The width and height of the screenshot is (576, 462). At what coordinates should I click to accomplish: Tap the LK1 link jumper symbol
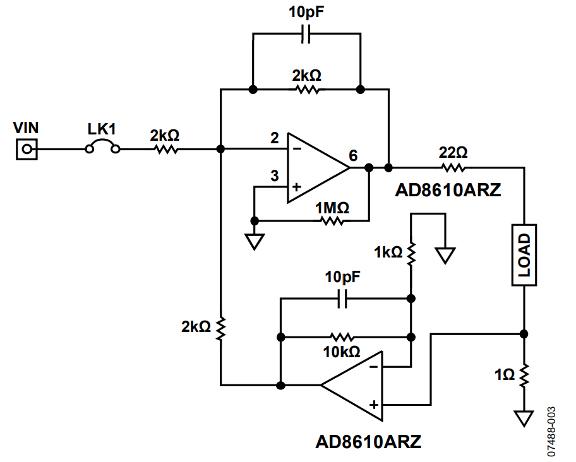point(102,149)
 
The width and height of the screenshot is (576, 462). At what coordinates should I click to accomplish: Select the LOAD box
point(524,255)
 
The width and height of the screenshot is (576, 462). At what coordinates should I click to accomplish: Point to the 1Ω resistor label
point(505,375)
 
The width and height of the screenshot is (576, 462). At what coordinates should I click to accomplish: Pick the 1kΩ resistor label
point(387,252)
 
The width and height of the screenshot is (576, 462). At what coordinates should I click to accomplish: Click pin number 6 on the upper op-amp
point(352,155)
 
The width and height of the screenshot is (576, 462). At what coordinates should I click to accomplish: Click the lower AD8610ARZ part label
point(368,441)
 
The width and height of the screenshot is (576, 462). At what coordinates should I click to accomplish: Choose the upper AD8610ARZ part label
point(448,190)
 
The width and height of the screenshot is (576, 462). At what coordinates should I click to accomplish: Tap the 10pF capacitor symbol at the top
point(306,36)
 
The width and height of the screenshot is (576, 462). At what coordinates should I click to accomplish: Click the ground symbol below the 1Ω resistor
point(524,418)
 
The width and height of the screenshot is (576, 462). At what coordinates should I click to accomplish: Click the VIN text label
point(26,128)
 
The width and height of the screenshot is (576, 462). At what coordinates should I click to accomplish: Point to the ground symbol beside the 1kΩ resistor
point(445,255)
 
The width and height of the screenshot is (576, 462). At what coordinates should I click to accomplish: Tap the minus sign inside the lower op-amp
point(374,366)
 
